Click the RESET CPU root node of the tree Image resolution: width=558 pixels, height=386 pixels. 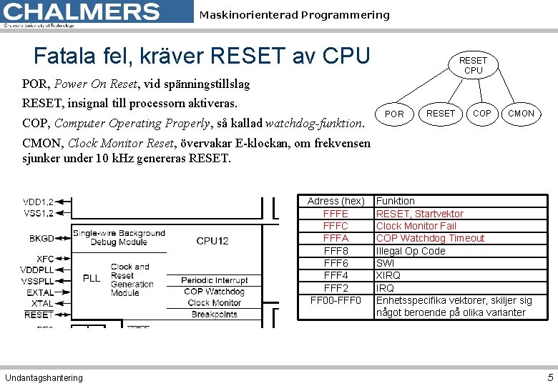[x=473, y=66]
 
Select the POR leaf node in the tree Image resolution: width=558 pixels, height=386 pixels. [x=394, y=114]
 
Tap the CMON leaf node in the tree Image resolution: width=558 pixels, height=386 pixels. [x=521, y=114]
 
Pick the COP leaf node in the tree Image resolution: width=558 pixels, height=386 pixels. [x=482, y=114]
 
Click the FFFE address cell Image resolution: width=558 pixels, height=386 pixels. [x=336, y=214]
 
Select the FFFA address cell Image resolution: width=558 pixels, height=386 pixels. [x=336, y=238]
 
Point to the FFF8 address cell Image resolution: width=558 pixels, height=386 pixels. [x=336, y=251]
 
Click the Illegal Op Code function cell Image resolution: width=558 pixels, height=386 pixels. [x=411, y=251]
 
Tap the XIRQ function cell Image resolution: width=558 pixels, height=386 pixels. [x=388, y=275]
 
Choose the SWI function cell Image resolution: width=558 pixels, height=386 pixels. [x=385, y=263]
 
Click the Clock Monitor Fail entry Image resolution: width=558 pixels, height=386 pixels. [x=416, y=226]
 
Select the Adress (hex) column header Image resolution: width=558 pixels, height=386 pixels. [x=336, y=202]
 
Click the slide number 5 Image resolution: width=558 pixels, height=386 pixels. [x=550, y=377]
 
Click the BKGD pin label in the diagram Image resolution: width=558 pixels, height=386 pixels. [x=41, y=238]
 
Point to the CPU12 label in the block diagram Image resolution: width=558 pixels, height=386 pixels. [x=212, y=241]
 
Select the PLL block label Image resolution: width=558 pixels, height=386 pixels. [x=92, y=278]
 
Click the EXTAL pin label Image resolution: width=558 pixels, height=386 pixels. [x=40, y=292]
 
